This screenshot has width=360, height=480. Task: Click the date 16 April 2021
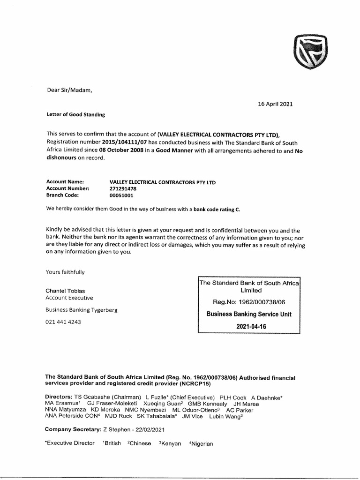click(275, 104)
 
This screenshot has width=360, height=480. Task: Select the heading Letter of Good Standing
click(75, 114)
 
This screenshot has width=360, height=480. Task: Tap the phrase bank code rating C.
click(217, 209)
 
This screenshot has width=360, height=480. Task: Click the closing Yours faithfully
click(65, 272)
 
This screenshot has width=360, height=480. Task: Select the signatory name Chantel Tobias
click(65, 291)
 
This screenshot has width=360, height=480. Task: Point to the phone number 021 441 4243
click(63, 322)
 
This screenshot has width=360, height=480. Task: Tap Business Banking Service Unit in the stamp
click(249, 314)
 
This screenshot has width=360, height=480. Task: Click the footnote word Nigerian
click(202, 443)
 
